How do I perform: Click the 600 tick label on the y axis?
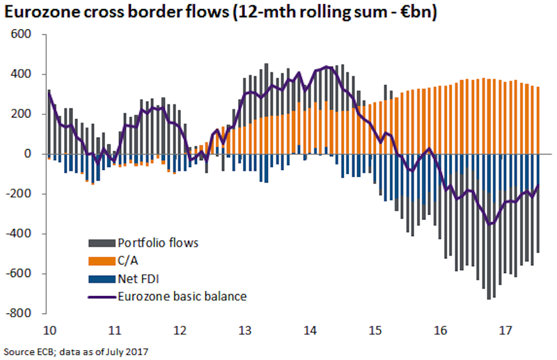(x=29, y=34)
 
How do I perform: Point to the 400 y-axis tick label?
(x=29, y=74)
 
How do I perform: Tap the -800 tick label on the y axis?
(x=27, y=313)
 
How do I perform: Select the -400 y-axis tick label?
(x=27, y=233)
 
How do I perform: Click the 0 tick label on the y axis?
(x=36, y=154)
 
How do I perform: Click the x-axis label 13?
(x=245, y=329)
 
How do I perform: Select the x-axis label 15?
(x=377, y=329)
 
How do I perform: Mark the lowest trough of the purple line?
(x=490, y=224)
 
